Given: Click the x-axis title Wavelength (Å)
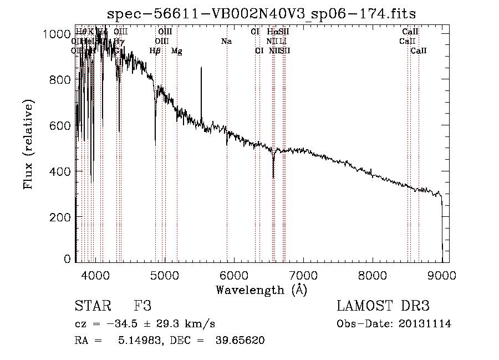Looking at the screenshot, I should (x=261, y=290).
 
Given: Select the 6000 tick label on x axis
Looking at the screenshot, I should (x=234, y=275).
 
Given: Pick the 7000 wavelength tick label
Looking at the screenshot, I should (x=303, y=275).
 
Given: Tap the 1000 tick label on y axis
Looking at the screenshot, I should (x=57, y=34).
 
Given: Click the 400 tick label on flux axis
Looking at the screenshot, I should (x=60, y=171).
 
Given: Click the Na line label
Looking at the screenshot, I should (x=226, y=42).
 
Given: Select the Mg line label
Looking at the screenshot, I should (x=176, y=51).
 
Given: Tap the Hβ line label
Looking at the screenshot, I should (x=155, y=51).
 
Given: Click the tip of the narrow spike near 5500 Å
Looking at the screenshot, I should (x=201, y=68).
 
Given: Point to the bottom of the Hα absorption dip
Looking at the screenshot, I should (x=273, y=178).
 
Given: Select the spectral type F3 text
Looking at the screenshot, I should (x=142, y=307).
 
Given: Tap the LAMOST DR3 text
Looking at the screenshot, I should (x=383, y=307).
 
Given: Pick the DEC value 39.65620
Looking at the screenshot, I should (x=240, y=341).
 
